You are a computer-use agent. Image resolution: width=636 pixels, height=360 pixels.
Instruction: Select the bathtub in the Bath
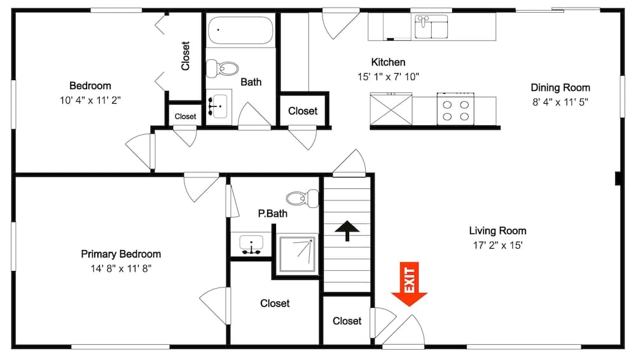point(240,30)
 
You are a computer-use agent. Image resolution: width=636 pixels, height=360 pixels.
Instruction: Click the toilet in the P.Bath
point(303,198)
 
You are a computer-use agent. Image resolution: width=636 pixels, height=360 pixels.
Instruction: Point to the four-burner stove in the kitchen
point(455,109)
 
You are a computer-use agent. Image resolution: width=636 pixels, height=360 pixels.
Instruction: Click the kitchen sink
point(431,27)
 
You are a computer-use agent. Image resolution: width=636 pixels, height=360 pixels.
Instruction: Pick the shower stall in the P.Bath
point(297,254)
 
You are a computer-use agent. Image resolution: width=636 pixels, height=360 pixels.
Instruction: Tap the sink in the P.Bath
point(251,245)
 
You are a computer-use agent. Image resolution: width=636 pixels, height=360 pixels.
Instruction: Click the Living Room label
point(498,230)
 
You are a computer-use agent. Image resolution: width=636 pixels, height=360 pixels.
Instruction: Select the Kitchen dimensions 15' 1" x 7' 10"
point(388,77)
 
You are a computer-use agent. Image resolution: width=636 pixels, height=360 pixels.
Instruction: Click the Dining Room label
point(560,88)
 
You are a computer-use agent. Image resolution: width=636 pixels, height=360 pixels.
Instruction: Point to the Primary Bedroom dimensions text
point(121,268)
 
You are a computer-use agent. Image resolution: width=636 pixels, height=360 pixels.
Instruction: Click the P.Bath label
point(273,214)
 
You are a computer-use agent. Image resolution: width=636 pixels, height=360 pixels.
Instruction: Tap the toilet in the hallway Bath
point(222,68)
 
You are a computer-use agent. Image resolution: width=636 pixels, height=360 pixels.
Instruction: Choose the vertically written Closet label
point(185,55)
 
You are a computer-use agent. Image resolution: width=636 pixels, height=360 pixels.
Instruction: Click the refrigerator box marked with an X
point(391,109)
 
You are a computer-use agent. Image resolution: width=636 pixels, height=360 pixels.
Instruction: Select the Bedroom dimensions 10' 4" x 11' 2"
point(90,100)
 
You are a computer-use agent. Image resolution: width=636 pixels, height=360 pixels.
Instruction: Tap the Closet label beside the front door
point(347,321)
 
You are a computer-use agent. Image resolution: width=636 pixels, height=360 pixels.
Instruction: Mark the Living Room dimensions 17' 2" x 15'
point(498,245)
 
